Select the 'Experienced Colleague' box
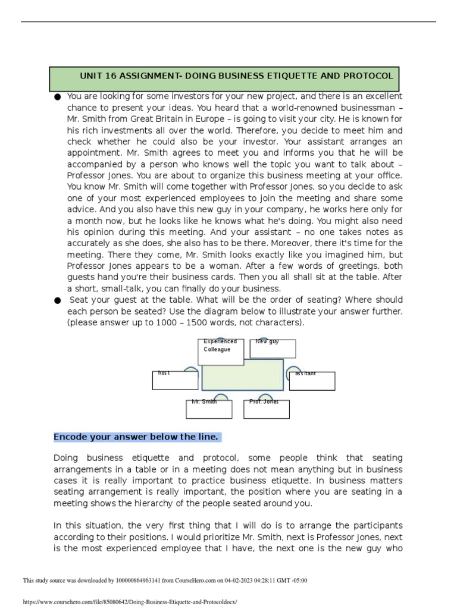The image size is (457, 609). [220, 351]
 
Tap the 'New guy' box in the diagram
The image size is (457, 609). [273, 349]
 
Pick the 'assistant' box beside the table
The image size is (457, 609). [312, 381]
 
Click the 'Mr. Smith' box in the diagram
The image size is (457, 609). [208, 409]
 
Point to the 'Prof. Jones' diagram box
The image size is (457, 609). [267, 409]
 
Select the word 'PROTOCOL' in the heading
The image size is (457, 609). [370, 76]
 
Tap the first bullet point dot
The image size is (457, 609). [57, 96]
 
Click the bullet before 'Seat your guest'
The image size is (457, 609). [57, 301]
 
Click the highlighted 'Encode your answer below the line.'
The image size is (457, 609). [137, 437]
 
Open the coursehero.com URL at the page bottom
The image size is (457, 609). [130, 602]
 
